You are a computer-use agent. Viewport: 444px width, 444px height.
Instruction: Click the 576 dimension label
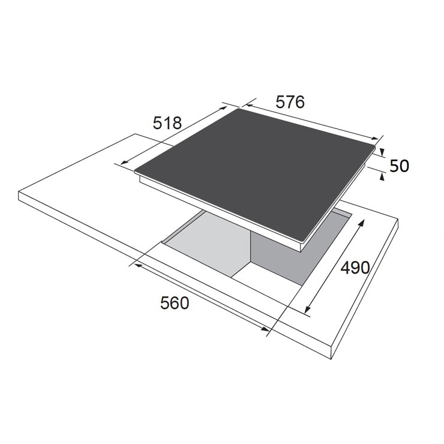[290, 102]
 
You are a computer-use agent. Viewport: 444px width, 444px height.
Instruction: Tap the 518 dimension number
[167, 123]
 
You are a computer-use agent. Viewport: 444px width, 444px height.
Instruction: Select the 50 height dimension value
[399, 166]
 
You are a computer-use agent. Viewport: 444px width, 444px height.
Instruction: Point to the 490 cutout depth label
[355, 268]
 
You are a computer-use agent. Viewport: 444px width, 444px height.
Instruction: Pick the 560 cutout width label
[175, 303]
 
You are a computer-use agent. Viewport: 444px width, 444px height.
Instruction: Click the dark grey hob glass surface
[255, 173]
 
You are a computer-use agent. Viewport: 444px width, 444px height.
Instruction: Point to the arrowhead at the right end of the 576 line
[374, 138]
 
